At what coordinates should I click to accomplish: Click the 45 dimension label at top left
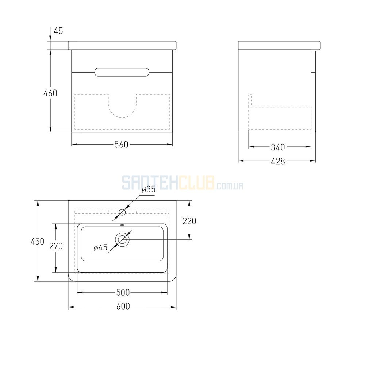(x=58, y=31)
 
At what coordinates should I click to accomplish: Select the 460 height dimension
(x=50, y=93)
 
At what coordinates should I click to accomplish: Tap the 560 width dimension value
(x=121, y=145)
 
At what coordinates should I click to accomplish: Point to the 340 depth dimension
(x=278, y=147)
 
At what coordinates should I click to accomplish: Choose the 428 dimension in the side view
(x=278, y=161)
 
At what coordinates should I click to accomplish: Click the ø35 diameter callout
(x=149, y=189)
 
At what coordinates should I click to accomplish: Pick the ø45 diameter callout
(x=101, y=247)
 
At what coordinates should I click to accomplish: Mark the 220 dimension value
(x=189, y=221)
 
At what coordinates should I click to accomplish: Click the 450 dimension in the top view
(x=38, y=241)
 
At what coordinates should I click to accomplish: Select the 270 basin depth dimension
(x=56, y=246)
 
